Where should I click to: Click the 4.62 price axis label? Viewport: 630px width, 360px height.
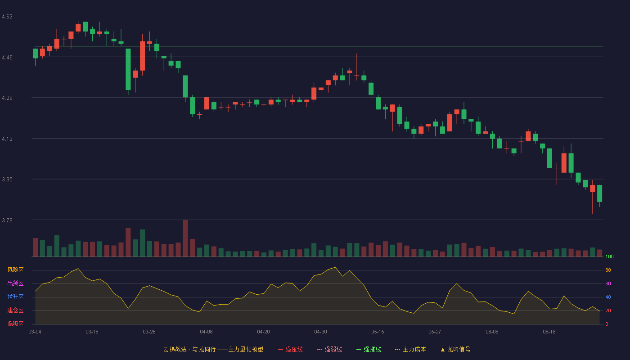(7, 17)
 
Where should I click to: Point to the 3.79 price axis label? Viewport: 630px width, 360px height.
(7, 220)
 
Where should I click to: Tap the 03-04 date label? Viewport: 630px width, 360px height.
(35, 332)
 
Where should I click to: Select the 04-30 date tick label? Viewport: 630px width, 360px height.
(320, 332)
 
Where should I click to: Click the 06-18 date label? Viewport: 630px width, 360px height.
(549, 332)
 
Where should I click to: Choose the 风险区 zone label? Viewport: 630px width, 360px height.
(15, 270)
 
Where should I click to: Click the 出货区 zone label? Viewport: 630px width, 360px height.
(15, 283)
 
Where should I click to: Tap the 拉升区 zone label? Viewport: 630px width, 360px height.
(15, 297)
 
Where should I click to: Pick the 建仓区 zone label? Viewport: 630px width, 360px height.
(15, 310)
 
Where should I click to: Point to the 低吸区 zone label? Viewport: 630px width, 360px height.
(15, 324)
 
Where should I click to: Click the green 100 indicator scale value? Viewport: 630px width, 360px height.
(609, 256)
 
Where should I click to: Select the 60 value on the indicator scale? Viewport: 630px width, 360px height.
(608, 283)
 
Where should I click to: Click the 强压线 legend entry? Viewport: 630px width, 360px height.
(291, 349)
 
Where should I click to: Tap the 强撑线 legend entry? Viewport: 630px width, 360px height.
(369, 349)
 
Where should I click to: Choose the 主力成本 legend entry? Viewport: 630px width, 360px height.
(410, 349)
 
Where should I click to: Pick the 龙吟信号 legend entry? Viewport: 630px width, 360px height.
(455, 349)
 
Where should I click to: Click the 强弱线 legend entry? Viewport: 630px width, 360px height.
(329, 349)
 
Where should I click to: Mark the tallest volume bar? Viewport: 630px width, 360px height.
(185, 238)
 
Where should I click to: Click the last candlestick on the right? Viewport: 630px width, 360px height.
(599, 193)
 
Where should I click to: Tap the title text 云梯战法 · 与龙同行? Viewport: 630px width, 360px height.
(189, 349)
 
